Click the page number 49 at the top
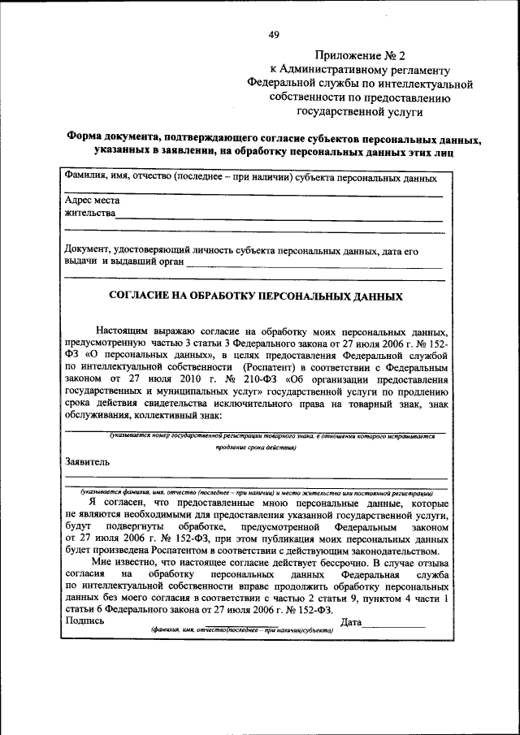(x=274, y=34)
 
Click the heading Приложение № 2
(x=360, y=55)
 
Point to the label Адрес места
(x=92, y=201)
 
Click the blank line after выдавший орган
(x=314, y=266)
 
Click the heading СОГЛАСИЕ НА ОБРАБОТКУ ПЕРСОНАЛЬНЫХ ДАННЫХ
(x=255, y=297)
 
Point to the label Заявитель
(x=89, y=461)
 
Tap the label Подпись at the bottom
(x=84, y=622)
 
